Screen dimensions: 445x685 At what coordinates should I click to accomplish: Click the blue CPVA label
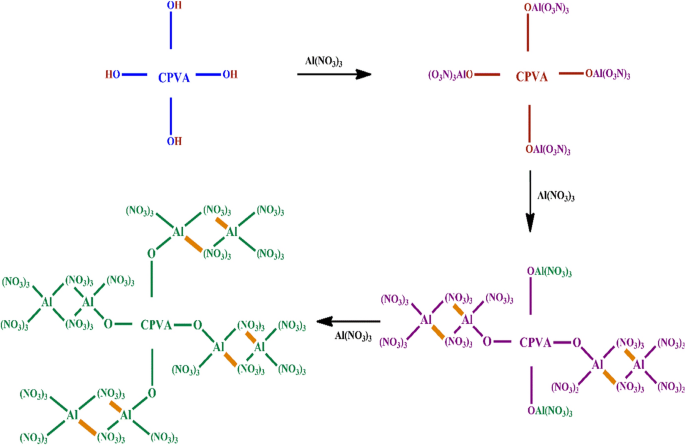click(x=177, y=75)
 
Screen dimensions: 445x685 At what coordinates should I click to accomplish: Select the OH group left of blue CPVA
click(x=112, y=75)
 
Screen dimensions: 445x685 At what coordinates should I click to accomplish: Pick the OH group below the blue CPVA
click(x=175, y=141)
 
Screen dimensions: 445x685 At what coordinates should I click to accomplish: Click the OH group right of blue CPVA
click(x=230, y=75)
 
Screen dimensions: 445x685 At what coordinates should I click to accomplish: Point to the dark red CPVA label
click(x=531, y=75)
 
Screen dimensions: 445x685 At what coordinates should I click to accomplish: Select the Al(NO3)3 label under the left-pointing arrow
click(x=354, y=335)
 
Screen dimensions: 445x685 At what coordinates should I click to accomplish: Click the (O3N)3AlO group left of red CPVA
click(x=449, y=75)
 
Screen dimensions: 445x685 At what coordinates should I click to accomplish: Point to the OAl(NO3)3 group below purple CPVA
click(x=548, y=409)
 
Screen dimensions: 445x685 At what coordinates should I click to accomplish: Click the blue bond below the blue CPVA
click(x=176, y=109)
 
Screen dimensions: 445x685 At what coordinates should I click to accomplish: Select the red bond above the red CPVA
click(x=529, y=41)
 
